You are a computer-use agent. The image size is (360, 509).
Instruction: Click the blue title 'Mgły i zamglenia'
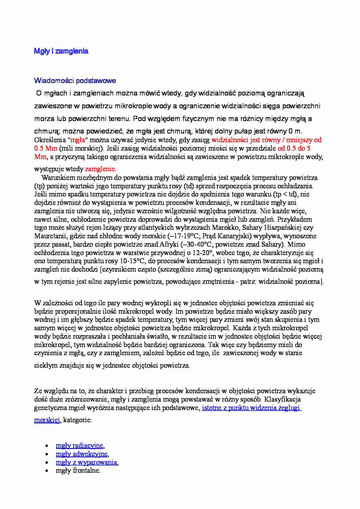click(x=61, y=51)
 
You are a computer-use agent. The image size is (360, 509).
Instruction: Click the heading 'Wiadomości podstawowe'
click(x=75, y=81)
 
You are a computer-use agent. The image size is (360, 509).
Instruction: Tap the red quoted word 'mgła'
click(x=78, y=140)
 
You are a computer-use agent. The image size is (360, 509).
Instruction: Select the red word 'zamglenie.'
click(x=100, y=169)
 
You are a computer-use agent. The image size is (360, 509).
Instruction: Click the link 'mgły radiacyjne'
click(x=80, y=445)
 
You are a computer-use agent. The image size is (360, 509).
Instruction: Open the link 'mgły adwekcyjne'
click(x=82, y=454)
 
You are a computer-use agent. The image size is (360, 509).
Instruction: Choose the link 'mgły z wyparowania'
click(x=86, y=462)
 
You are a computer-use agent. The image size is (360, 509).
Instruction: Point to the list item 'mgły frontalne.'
click(x=78, y=471)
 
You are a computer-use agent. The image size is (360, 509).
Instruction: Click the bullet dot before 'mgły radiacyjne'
click(x=47, y=446)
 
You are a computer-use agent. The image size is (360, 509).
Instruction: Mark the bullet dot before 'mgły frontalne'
click(x=47, y=471)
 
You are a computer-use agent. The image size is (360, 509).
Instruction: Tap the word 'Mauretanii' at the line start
click(x=49, y=236)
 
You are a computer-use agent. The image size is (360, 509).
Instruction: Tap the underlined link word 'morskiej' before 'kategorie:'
click(x=47, y=420)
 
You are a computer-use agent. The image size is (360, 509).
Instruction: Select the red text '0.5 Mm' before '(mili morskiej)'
click(x=46, y=148)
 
